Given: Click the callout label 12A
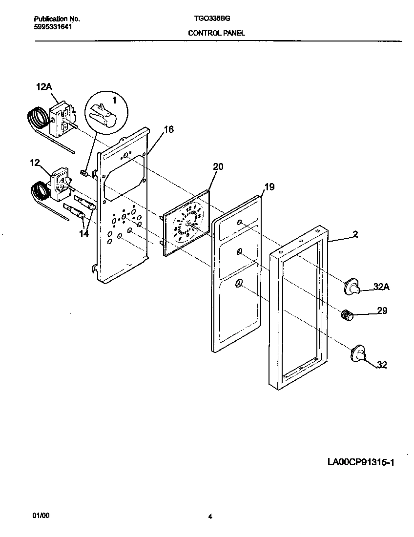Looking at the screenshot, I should pyautogui.click(x=43, y=87).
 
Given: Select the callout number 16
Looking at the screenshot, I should pyautogui.click(x=168, y=129).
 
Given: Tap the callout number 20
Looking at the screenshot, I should pyautogui.click(x=218, y=166).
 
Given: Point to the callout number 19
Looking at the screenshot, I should pyautogui.click(x=269, y=186).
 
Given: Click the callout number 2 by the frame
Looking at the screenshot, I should pyautogui.click(x=355, y=234).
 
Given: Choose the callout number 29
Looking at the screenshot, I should pyautogui.click(x=382, y=310).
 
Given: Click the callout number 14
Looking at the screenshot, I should pyautogui.click(x=84, y=234).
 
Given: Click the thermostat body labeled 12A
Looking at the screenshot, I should pyautogui.click(x=62, y=118).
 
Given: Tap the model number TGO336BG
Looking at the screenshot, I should pyautogui.click(x=209, y=19).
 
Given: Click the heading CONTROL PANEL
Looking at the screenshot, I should pyautogui.click(x=216, y=33).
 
